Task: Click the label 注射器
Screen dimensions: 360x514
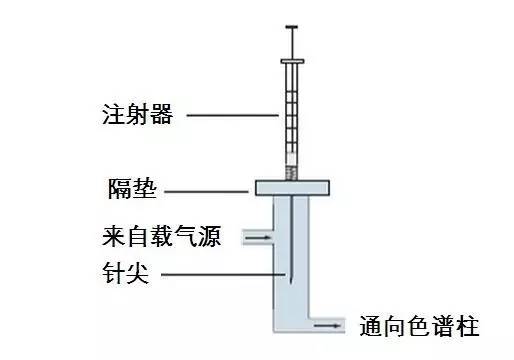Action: pos(138,114)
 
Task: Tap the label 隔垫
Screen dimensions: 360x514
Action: pos(130,189)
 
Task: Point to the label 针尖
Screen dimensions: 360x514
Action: pos(125,273)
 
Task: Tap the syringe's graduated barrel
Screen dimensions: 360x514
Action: pos(292,115)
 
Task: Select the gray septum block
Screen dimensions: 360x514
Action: pos(293,188)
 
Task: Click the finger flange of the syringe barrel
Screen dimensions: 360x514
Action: pos(292,64)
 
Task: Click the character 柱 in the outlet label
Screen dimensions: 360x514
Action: pos(468,327)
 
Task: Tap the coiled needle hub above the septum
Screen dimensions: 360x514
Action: pos(292,172)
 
